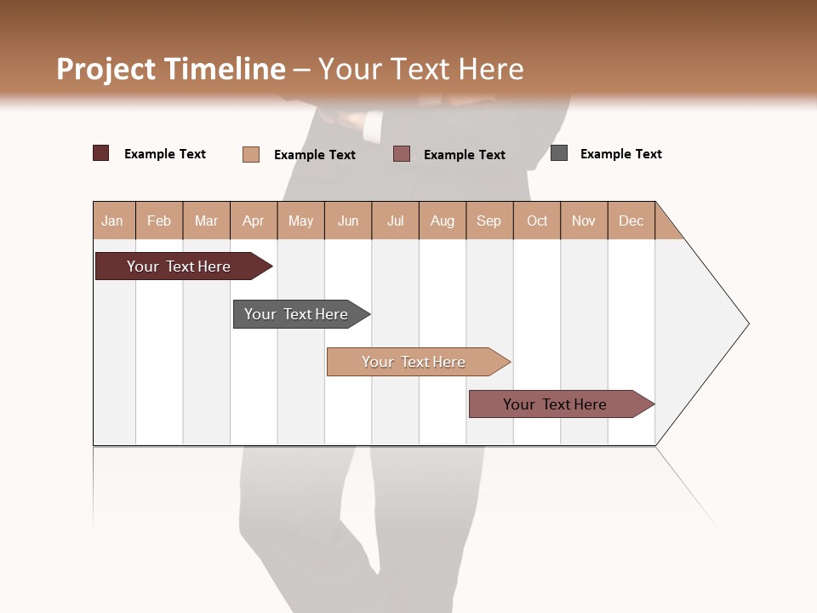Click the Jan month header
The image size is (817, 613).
point(113,221)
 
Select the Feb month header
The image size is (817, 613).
point(159,221)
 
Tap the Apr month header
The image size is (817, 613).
point(254,221)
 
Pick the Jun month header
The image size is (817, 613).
point(348,221)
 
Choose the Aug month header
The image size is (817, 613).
point(443,221)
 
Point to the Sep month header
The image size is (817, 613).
point(489,221)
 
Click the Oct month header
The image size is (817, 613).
point(537,221)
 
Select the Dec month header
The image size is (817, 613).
point(631,221)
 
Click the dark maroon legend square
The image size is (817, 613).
point(101,153)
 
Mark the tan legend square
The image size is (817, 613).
point(251,154)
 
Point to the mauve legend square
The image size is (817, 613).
point(402,154)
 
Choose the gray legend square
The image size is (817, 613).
point(559,153)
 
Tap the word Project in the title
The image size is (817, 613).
point(106,69)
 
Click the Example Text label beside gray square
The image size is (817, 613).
point(620,154)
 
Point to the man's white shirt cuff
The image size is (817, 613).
point(372,127)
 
